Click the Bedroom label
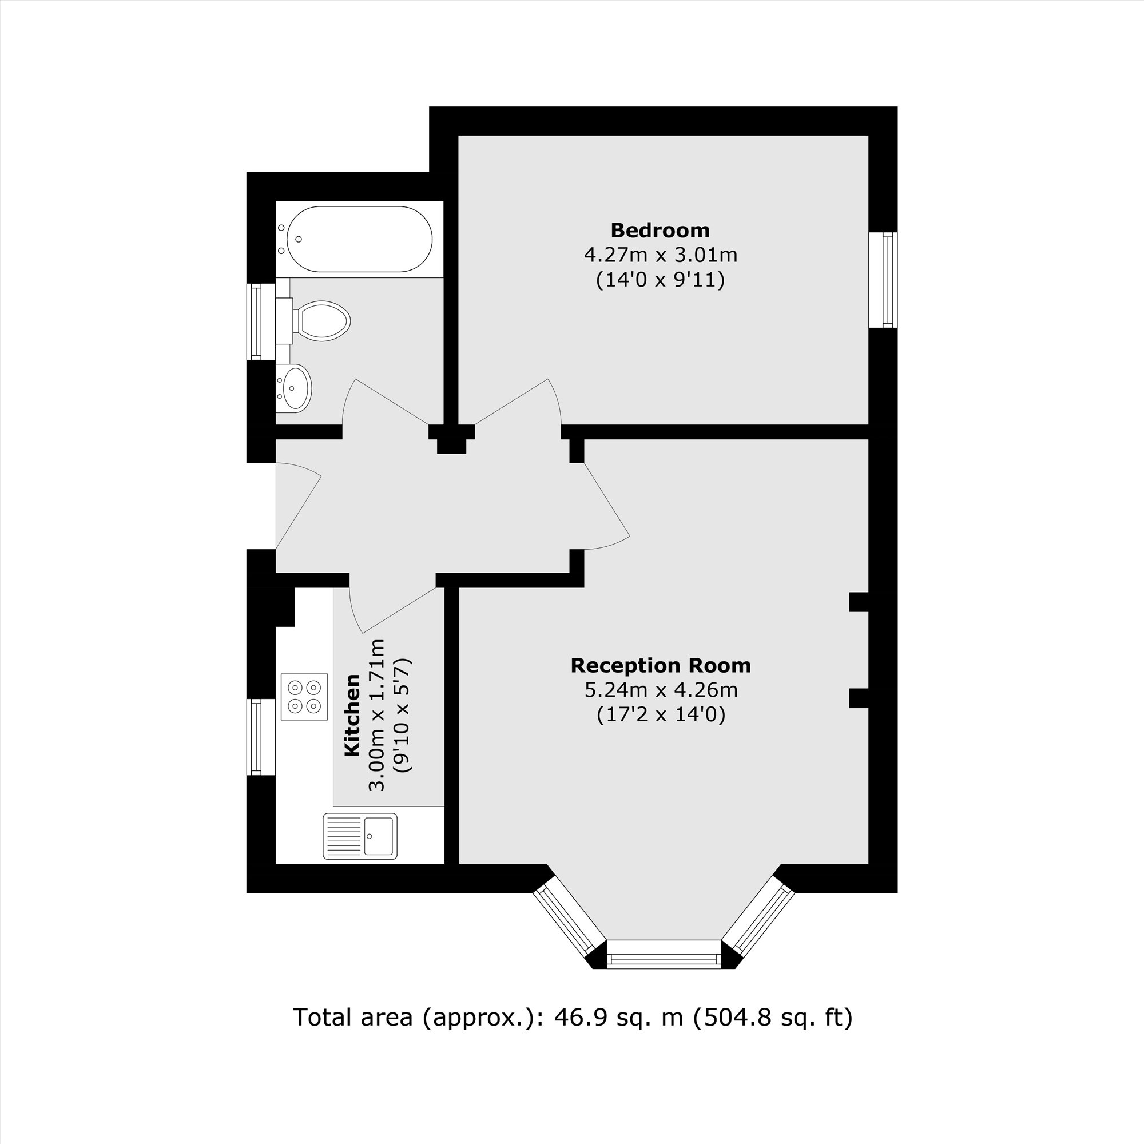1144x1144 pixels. coord(660,230)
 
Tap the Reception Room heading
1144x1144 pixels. coord(660,666)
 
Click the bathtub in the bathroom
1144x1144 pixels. coord(359,239)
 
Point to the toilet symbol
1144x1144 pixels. coord(320,320)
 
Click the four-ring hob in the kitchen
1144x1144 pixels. coord(304,696)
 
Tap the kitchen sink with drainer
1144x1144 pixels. coord(359,836)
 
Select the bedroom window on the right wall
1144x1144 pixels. coord(887,280)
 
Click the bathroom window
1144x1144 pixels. coord(256,321)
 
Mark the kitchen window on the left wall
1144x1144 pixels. coord(256,737)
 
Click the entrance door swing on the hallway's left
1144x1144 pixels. coord(298,503)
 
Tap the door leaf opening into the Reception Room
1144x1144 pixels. coord(606,500)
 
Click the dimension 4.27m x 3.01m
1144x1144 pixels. coord(660,255)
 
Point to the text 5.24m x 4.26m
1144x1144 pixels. coord(660,690)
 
